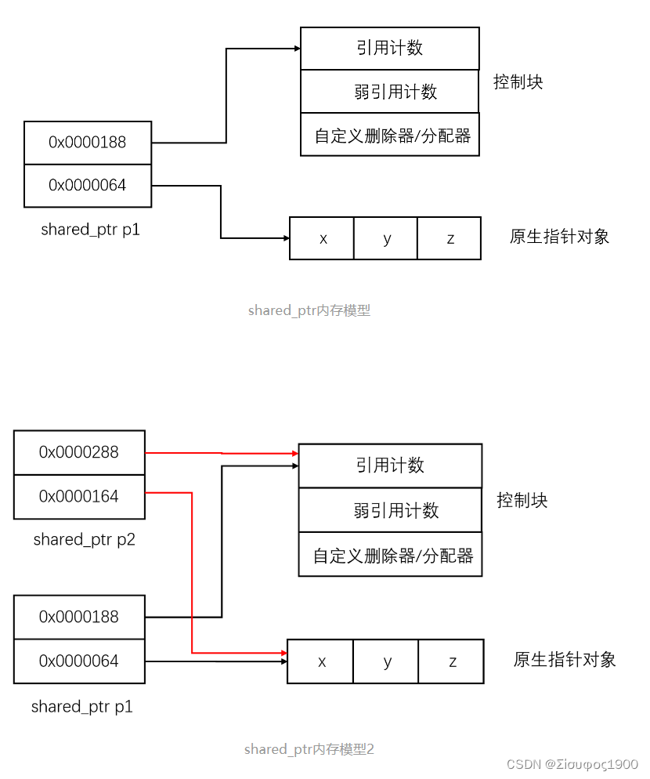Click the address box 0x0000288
tap(79, 452)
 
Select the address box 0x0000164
tap(79, 496)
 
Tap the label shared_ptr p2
tap(85, 539)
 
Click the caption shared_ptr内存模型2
tap(309, 749)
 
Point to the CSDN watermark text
tap(572, 764)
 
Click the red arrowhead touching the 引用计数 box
tap(294, 454)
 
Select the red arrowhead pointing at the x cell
tap(283, 653)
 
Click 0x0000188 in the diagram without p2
tap(88, 143)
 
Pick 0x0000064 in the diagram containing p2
tap(79, 661)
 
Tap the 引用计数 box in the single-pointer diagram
tap(390, 49)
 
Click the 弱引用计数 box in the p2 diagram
tap(390, 510)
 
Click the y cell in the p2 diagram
tap(386, 661)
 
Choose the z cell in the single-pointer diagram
tap(450, 238)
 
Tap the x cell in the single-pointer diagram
tap(322, 238)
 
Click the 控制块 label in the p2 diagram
tap(522, 501)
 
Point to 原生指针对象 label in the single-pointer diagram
tap(559, 237)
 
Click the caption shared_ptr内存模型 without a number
tap(309, 310)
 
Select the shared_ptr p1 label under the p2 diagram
tap(82, 706)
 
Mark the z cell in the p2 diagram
tap(452, 661)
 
